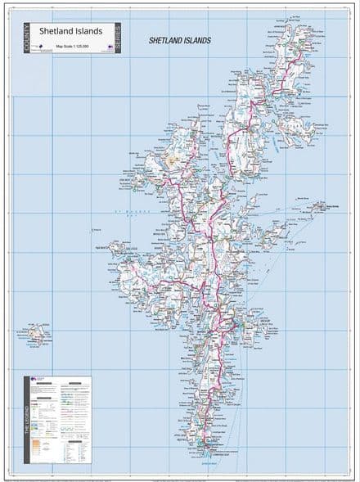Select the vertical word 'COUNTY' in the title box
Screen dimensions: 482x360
(29, 38)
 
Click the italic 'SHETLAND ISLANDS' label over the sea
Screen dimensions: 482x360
(179, 40)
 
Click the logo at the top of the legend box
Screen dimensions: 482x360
(37, 380)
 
